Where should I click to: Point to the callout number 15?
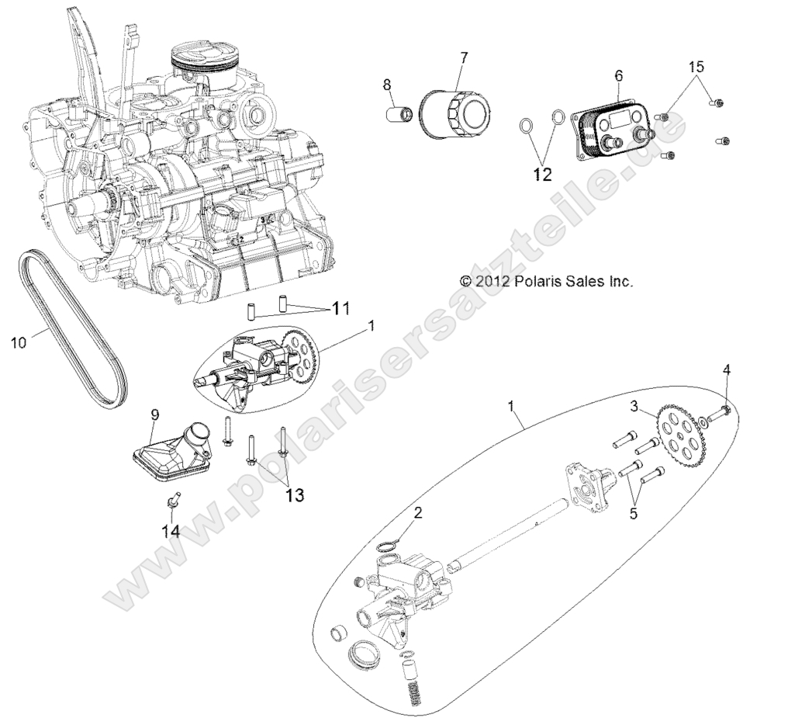tap(696, 67)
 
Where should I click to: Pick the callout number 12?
tap(541, 175)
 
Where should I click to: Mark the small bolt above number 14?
tap(174, 498)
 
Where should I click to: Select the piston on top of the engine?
tap(203, 62)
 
